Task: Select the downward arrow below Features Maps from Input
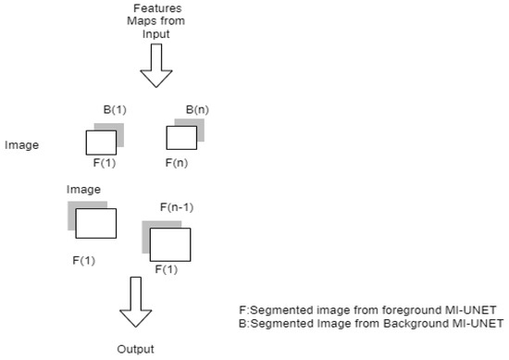pyautogui.click(x=155, y=68)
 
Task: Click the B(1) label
pyautogui.click(x=115, y=110)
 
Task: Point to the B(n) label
pyautogui.click(x=196, y=110)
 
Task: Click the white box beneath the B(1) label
pyautogui.click(x=101, y=143)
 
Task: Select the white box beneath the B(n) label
pyautogui.click(x=180, y=138)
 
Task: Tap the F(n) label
pyautogui.click(x=178, y=162)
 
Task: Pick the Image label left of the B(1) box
pyautogui.click(x=21, y=145)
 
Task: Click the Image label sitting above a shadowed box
pyautogui.click(x=83, y=190)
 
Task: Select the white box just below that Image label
pyautogui.click(x=95, y=224)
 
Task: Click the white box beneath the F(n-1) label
pyautogui.click(x=169, y=244)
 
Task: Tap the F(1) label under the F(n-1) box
pyautogui.click(x=166, y=269)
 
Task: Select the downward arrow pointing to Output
pyautogui.click(x=135, y=306)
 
